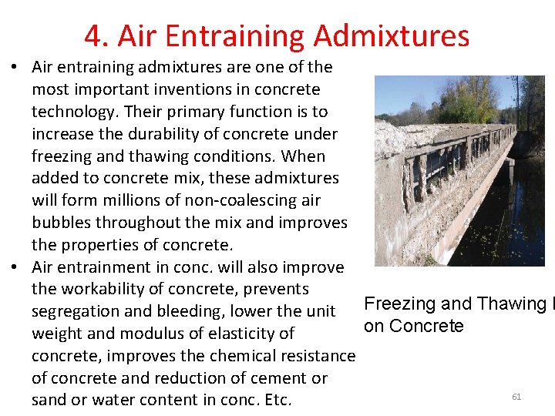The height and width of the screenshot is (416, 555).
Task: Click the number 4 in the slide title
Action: (92, 36)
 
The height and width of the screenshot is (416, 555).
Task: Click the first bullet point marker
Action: (15, 68)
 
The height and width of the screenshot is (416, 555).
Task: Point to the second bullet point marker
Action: (15, 268)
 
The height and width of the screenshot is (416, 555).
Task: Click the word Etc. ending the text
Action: (278, 401)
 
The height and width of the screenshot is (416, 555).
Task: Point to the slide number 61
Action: (516, 397)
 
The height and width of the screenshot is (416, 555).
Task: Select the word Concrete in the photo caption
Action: (426, 326)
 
